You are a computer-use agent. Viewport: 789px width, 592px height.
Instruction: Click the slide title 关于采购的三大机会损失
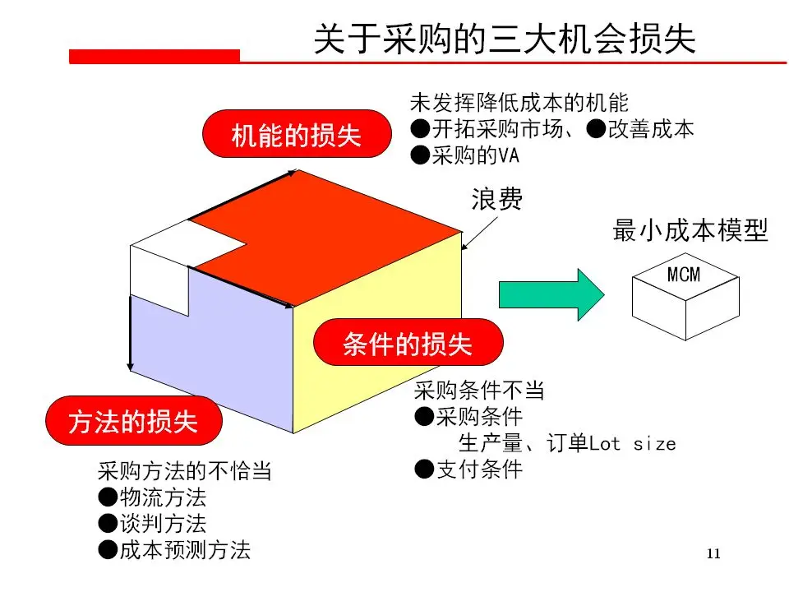point(505,39)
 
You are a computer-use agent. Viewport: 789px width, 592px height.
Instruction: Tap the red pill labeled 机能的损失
point(297,135)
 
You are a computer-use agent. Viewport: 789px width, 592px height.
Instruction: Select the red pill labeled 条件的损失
point(408,344)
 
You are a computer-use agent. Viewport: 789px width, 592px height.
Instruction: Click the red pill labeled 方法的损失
point(133,422)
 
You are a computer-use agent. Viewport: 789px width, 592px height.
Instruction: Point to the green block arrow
point(551,294)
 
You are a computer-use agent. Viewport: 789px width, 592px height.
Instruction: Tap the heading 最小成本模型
point(690,232)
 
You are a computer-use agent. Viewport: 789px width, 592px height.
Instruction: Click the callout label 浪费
point(496,200)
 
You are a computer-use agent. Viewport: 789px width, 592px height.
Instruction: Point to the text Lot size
point(633,444)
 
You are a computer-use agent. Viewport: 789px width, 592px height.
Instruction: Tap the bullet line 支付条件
point(468,469)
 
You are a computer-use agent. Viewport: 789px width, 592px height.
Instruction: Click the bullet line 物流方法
point(152,497)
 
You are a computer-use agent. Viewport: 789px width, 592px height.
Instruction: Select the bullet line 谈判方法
point(152,524)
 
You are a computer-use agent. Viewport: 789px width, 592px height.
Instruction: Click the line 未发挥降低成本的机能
point(519,103)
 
